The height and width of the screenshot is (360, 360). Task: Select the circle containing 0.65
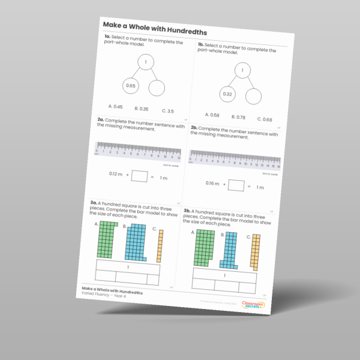click(131, 86)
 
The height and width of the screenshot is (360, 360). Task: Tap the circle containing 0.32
click(227, 94)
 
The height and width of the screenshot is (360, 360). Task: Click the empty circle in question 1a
click(157, 89)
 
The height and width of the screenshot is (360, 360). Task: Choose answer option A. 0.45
click(116, 107)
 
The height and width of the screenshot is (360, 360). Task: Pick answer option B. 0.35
click(140, 109)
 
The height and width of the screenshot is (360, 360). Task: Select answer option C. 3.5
click(167, 111)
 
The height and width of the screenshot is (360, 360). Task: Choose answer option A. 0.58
click(212, 115)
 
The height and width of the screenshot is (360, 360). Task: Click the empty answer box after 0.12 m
click(139, 176)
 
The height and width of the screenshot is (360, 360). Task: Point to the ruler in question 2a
click(137, 149)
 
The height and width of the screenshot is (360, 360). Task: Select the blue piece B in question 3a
click(136, 242)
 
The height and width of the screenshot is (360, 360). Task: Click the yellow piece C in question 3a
click(160, 246)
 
